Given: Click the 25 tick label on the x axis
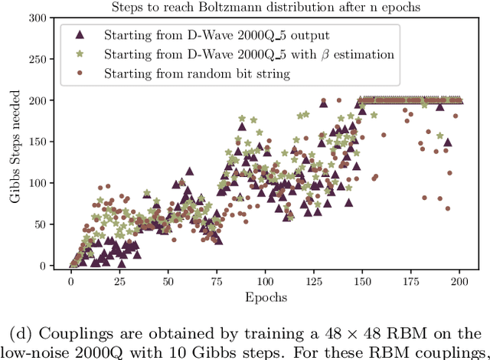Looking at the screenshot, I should (119, 280).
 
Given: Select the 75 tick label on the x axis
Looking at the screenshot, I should (217, 280).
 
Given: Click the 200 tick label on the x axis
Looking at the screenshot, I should (459, 280).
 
